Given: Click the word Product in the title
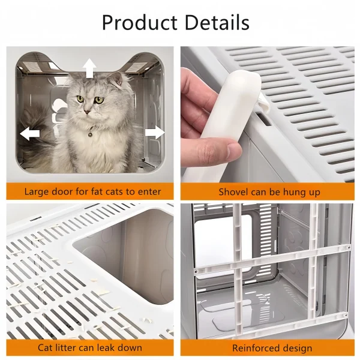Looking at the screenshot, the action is [140, 23].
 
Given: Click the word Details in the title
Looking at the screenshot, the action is [217, 22].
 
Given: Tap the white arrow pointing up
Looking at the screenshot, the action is [89, 68].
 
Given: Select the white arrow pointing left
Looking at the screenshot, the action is [29, 134].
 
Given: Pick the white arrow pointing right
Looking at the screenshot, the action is [155, 132].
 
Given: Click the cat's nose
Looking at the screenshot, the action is [87, 112].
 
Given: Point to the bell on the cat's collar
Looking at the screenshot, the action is [91, 134].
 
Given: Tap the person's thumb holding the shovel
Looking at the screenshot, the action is [220, 149].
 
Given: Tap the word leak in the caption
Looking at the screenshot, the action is [106, 347].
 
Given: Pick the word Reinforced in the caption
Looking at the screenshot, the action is [256, 348].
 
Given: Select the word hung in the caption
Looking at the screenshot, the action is [293, 193].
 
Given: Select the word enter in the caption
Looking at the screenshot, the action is [149, 192].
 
